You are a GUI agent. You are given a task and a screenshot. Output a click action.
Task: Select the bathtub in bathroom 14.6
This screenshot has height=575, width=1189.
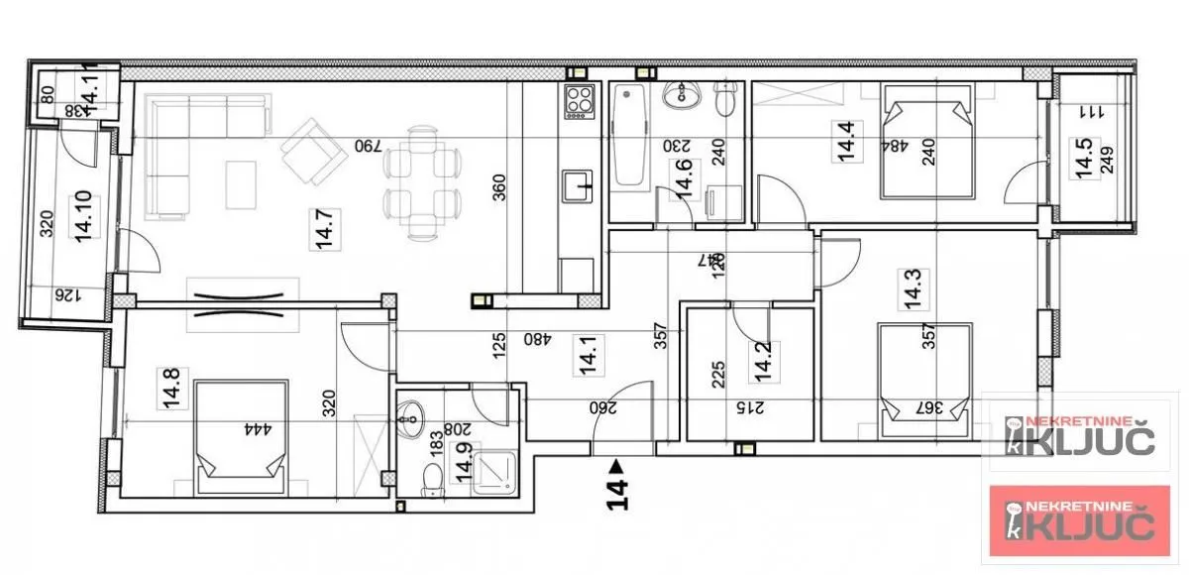pos(629,138)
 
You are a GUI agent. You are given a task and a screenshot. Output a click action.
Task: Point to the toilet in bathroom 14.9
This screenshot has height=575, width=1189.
pos(429,482)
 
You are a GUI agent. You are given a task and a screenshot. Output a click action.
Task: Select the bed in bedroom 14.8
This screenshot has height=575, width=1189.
pos(241,434)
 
